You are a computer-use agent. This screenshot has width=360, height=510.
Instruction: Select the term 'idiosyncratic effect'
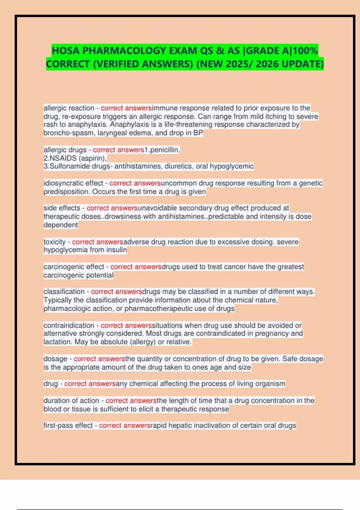point(73,183)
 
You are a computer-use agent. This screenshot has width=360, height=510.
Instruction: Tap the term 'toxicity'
point(54,242)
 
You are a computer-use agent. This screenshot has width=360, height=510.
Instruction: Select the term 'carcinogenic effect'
point(74,267)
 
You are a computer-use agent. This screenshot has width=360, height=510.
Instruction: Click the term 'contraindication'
point(69,325)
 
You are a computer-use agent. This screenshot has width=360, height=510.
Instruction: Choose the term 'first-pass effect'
point(68,425)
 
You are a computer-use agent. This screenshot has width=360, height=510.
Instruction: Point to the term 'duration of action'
point(71,400)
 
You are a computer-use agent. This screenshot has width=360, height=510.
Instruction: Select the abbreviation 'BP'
point(198,133)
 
